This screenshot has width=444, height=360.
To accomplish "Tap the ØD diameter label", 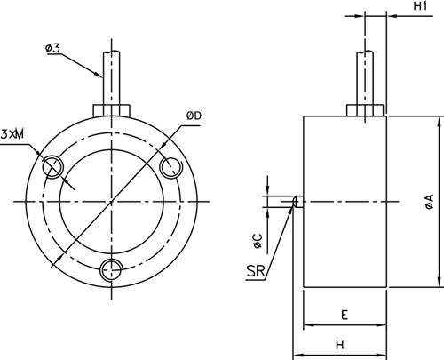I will coord(194,116).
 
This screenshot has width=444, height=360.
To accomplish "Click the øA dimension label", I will coord(429,202).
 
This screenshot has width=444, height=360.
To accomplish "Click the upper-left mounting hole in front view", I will coord(52,165).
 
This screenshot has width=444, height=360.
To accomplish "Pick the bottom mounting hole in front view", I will coord(111,269).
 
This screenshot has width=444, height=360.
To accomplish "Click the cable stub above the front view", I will coord(111,76).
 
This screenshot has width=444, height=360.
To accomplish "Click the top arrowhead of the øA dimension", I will coord(440,120).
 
